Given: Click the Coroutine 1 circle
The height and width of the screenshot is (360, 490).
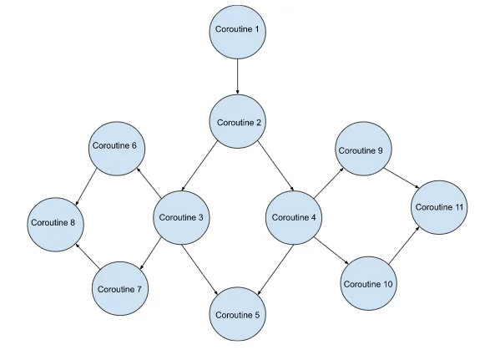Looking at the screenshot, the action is click(238, 32).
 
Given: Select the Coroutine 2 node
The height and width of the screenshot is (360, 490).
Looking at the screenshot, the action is click(238, 121).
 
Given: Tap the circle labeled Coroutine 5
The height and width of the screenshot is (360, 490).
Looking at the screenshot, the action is click(238, 314).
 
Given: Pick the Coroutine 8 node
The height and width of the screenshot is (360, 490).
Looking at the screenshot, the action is click(56, 224).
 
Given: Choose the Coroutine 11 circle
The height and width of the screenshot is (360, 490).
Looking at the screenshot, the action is click(439, 207).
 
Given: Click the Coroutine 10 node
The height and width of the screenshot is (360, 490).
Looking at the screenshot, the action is click(368, 283).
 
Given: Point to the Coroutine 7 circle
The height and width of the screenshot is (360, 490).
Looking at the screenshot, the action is click(120, 288).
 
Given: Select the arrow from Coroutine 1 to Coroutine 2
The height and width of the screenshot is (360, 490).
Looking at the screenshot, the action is click(238, 77).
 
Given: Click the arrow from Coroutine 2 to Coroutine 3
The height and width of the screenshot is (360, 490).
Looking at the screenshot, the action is click(200, 166).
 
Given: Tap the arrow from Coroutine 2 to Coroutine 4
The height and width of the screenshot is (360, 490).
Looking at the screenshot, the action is click(276, 165).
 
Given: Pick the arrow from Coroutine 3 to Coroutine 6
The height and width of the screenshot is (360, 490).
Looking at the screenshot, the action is click(149, 183).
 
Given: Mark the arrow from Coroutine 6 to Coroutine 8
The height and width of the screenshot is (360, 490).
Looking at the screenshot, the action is click(86, 187).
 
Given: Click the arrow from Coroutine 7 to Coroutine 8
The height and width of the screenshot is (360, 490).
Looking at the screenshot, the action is click(88, 256).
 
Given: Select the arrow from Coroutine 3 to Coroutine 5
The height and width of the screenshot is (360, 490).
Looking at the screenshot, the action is click(200, 270).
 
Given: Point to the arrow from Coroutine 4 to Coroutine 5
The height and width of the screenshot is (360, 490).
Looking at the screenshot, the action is click(275, 270).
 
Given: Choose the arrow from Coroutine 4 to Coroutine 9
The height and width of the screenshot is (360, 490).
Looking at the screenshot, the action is click(329, 183).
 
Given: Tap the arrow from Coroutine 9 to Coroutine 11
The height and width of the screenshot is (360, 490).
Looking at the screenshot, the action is click(402, 178).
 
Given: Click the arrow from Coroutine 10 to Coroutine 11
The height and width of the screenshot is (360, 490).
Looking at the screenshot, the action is click(404, 245).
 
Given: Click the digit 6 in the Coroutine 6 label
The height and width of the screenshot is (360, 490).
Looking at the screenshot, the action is click(134, 145).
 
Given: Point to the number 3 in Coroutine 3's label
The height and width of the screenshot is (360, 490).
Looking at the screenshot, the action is click(200, 217).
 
